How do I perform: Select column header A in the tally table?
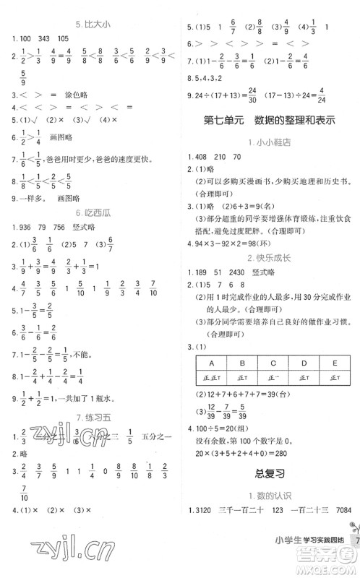click(x=213, y=363)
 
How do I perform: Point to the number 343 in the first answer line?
click(x=46, y=38)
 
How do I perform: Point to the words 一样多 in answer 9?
click(x=24, y=197)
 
